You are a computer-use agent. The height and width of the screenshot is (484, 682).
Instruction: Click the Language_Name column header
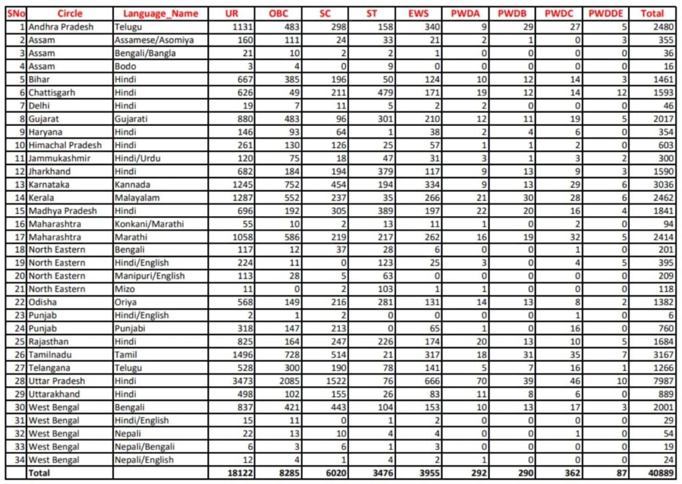(152, 13)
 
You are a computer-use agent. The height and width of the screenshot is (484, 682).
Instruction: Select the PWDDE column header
(605, 13)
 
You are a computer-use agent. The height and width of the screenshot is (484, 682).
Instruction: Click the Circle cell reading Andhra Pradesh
(61, 27)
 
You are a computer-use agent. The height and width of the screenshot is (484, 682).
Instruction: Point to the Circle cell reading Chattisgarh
(53, 93)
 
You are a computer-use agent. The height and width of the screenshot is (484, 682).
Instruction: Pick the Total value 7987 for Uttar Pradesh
(661, 381)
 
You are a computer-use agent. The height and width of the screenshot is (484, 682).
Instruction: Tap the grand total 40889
(659, 473)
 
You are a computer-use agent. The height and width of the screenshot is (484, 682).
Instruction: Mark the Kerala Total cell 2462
(661, 198)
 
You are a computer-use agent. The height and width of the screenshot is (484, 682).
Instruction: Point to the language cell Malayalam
(138, 198)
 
